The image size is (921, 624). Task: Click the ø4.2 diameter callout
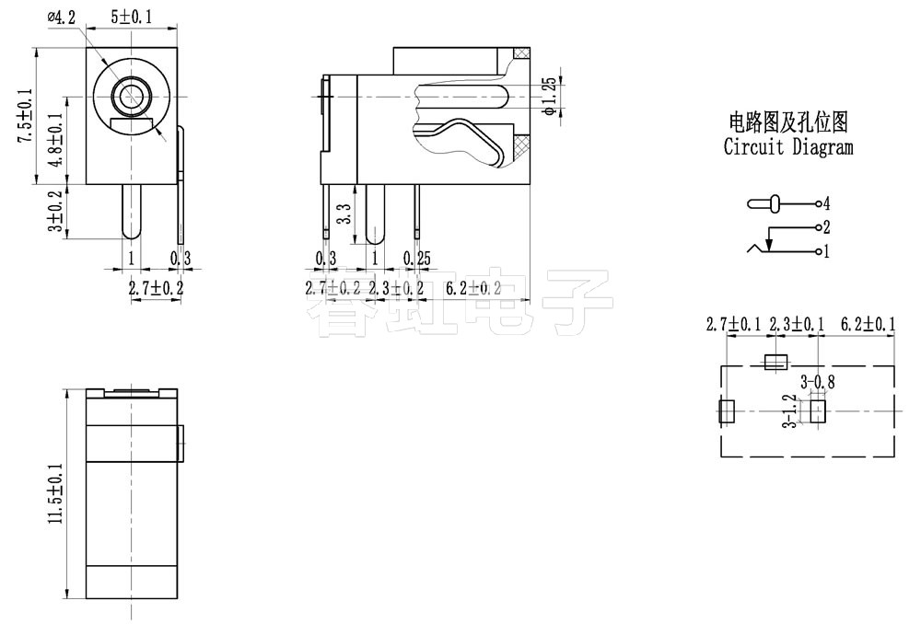(62, 17)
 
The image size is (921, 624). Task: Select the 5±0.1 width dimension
(132, 17)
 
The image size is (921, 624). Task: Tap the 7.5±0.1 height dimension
(25, 115)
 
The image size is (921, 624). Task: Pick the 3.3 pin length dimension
(344, 214)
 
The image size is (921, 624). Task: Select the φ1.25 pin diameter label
(549, 97)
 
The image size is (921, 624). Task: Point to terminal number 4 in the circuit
(827, 202)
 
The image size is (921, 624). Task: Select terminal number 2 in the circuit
(827, 227)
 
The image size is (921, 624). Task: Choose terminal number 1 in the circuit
(827, 251)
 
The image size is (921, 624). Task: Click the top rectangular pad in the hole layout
(777, 363)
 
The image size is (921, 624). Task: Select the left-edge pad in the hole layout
(726, 411)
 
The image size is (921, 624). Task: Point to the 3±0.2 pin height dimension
(56, 212)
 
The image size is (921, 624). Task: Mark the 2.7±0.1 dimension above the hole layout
(734, 324)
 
